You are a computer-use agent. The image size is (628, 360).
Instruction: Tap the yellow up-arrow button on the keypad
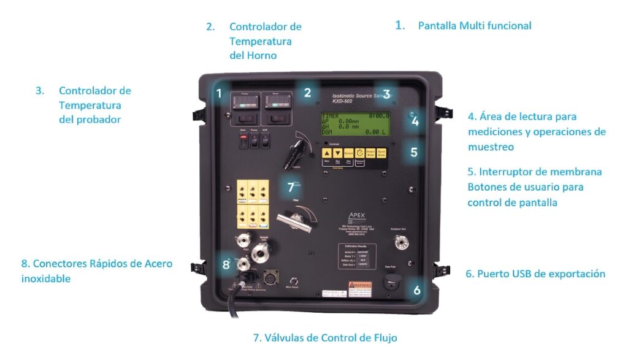click(327, 153)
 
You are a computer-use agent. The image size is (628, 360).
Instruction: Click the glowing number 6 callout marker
click(417, 290)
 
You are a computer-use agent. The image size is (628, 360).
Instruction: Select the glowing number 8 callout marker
click(226, 265)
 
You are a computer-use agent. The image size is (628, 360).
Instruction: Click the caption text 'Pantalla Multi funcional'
click(474, 26)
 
